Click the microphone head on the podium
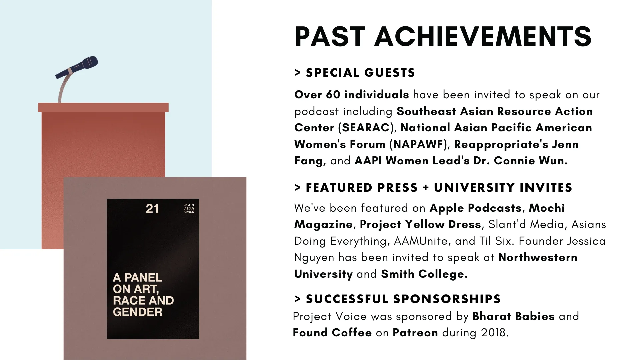[x=89, y=62]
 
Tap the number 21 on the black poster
[x=152, y=209]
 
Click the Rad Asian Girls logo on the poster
[x=189, y=208]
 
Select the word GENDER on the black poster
[x=138, y=312]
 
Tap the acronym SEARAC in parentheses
[x=366, y=128]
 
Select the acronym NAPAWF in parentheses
[x=418, y=144]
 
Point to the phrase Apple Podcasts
[x=476, y=208]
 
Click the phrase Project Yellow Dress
[x=421, y=224]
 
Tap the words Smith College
[x=424, y=274]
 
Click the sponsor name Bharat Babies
[x=514, y=316]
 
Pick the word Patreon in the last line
[x=415, y=333]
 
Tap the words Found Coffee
[x=332, y=333]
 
